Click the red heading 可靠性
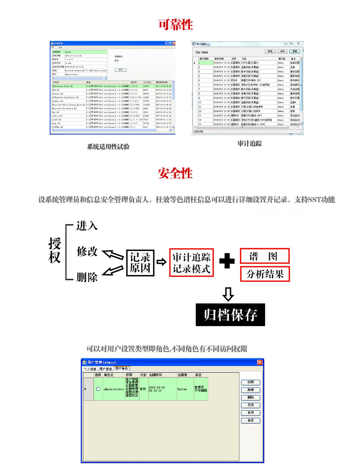pos(175,25)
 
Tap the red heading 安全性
pos(175,173)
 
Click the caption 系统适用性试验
pos(108,147)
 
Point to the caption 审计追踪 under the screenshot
pos(249,143)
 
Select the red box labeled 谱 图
pos(264,256)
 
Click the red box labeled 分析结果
pos(265,274)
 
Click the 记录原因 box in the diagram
pos(140,262)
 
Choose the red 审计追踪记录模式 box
pos(191,262)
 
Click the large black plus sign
pos(227,262)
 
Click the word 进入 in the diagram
pos(87,226)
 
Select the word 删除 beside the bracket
pos(87,277)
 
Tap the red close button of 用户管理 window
pos(260,362)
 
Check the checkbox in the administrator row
pos(98,389)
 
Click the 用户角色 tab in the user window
pos(122,369)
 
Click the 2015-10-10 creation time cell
pos(157,389)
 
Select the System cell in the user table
pos(182,389)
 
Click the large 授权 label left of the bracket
pos(54,250)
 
